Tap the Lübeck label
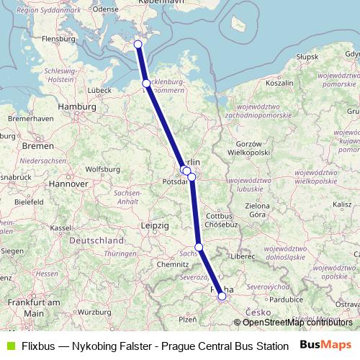[98, 91]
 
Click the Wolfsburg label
[102, 169]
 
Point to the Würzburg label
[94, 312]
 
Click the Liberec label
[240, 256]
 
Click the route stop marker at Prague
[222, 296]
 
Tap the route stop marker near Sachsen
[199, 248]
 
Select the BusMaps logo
[325, 345]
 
